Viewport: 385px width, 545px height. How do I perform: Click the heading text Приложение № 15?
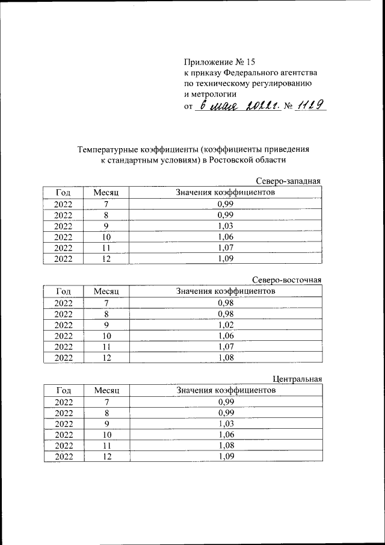click(220, 61)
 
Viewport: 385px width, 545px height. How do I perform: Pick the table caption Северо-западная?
click(288, 181)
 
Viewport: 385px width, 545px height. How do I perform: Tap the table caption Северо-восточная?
click(286, 280)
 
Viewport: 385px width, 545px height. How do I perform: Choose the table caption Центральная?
click(297, 379)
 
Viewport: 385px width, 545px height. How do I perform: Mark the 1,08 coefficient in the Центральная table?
click(226, 445)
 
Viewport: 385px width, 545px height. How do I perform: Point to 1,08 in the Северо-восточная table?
click(226, 357)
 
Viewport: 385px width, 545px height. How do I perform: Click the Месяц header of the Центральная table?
click(106, 390)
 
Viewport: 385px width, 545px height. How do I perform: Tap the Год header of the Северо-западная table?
click(63, 193)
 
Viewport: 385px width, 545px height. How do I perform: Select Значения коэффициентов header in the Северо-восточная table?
click(226, 291)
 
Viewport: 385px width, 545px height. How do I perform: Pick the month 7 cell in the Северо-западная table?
click(106, 204)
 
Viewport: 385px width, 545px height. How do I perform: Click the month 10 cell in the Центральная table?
click(106, 434)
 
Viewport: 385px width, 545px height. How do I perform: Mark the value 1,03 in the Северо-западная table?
click(226, 226)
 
